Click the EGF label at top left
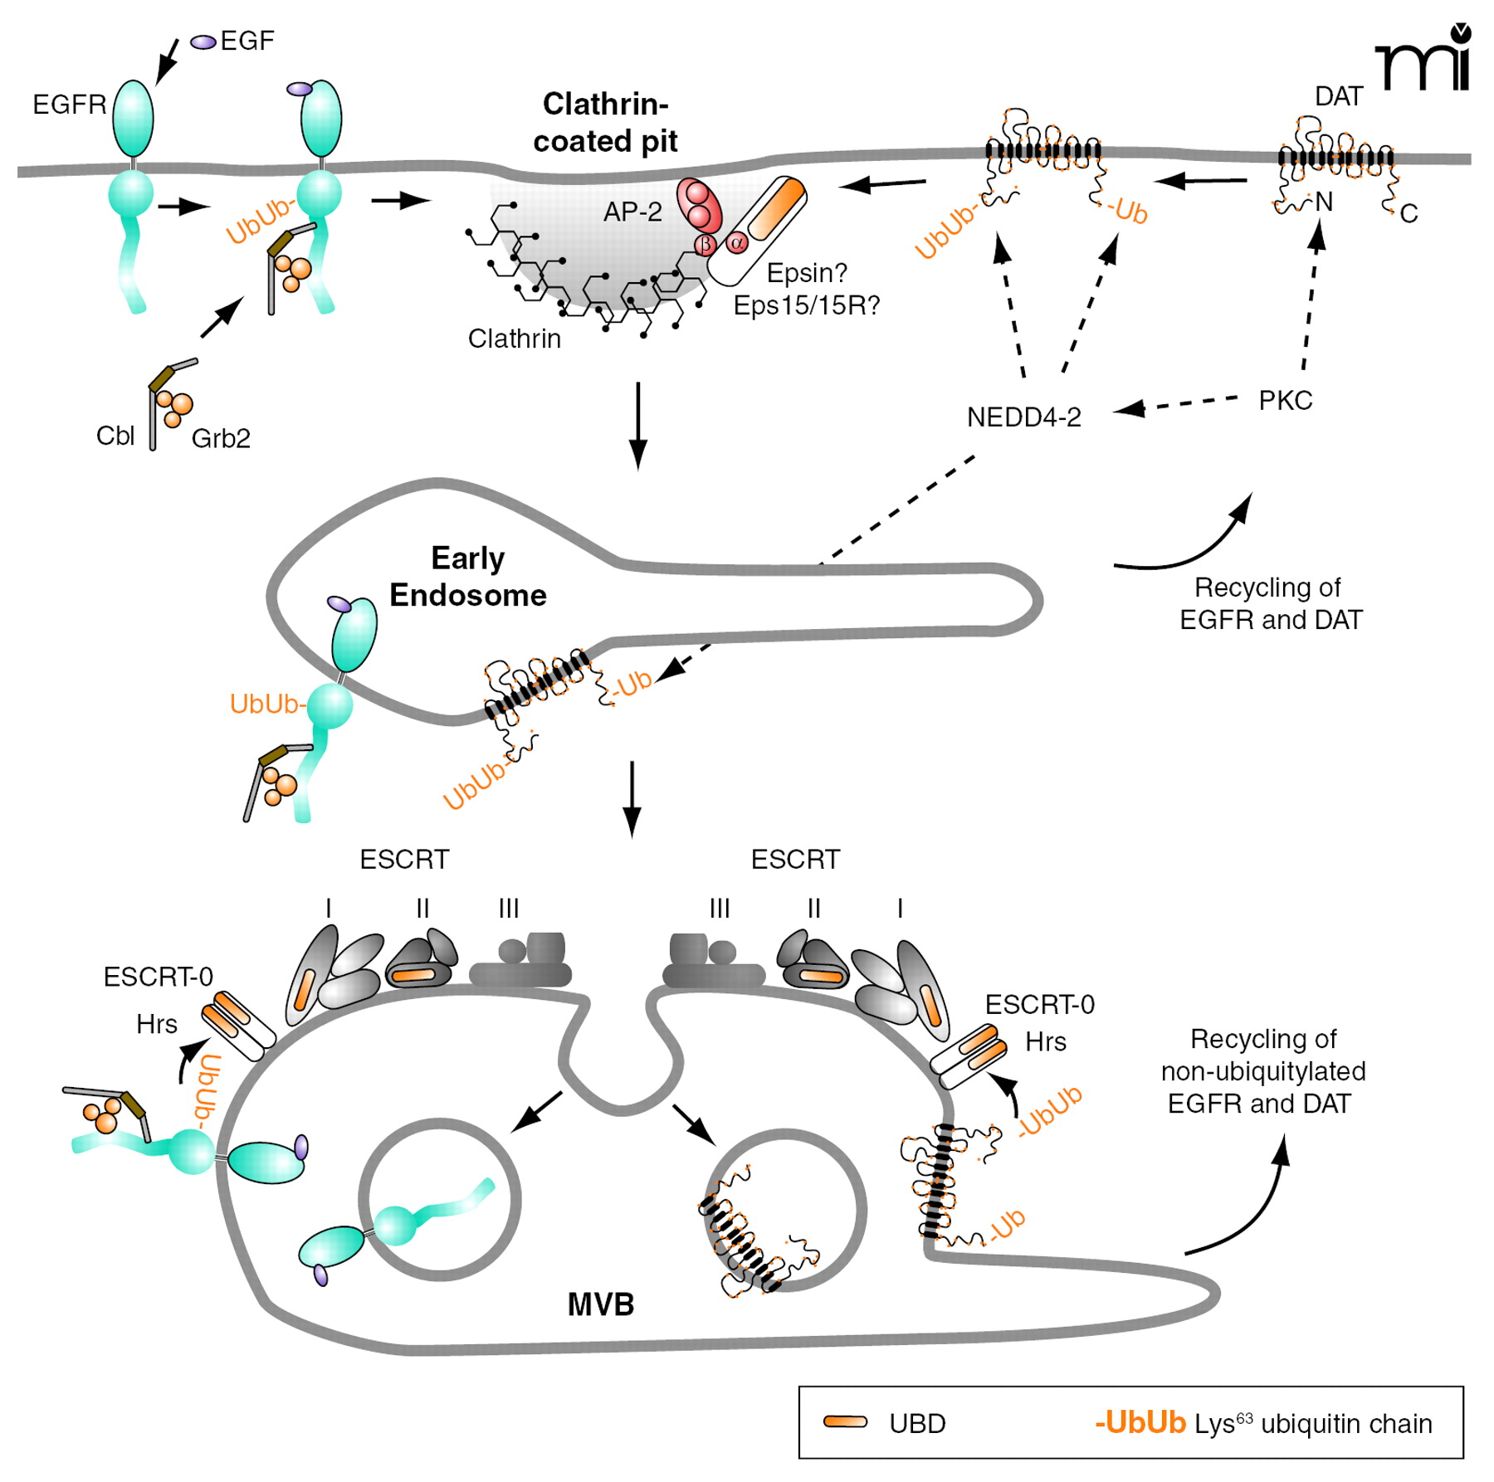point(247,41)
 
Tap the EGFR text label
point(69,105)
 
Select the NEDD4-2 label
point(1024,417)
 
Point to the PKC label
point(1285,401)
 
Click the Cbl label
point(115,436)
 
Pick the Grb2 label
point(221,438)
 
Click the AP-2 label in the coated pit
point(632,212)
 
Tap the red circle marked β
point(705,244)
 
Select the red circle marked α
point(736,243)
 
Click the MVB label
point(600,1304)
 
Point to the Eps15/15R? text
point(806,305)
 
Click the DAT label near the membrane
point(1338,96)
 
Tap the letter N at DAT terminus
point(1324,202)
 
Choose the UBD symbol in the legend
point(845,1422)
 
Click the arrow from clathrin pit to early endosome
point(637,425)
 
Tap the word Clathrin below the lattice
point(514,339)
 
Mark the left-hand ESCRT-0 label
point(158,977)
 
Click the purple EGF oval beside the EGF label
point(203,41)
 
